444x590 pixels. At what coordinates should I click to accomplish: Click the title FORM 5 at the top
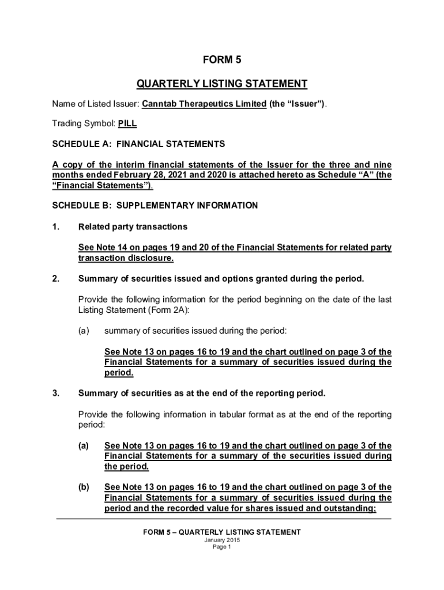pos(222,59)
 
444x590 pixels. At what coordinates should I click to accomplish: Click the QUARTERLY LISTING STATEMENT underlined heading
pos(222,84)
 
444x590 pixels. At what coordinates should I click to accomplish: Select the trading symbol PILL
pos(127,123)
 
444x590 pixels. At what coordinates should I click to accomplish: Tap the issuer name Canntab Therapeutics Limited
pos(204,104)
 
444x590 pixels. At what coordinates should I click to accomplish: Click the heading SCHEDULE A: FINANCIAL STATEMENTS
pos(138,143)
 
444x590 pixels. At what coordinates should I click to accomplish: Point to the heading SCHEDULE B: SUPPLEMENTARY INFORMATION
pos(155,205)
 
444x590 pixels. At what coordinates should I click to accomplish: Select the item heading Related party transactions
pos(133,226)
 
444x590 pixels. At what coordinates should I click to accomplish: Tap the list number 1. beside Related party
pos(56,226)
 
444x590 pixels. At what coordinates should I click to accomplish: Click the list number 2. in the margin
pos(56,279)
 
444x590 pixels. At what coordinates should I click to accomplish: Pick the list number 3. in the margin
pos(56,394)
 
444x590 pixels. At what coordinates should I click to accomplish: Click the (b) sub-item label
pos(84,487)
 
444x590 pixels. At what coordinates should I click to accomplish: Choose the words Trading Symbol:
pos(83,123)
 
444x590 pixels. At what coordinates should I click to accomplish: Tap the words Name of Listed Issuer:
pos(95,104)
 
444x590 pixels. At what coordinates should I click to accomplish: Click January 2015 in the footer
pos(222,540)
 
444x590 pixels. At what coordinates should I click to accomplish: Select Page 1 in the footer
pos(222,547)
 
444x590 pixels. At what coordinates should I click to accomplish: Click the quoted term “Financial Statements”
pos(101,186)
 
